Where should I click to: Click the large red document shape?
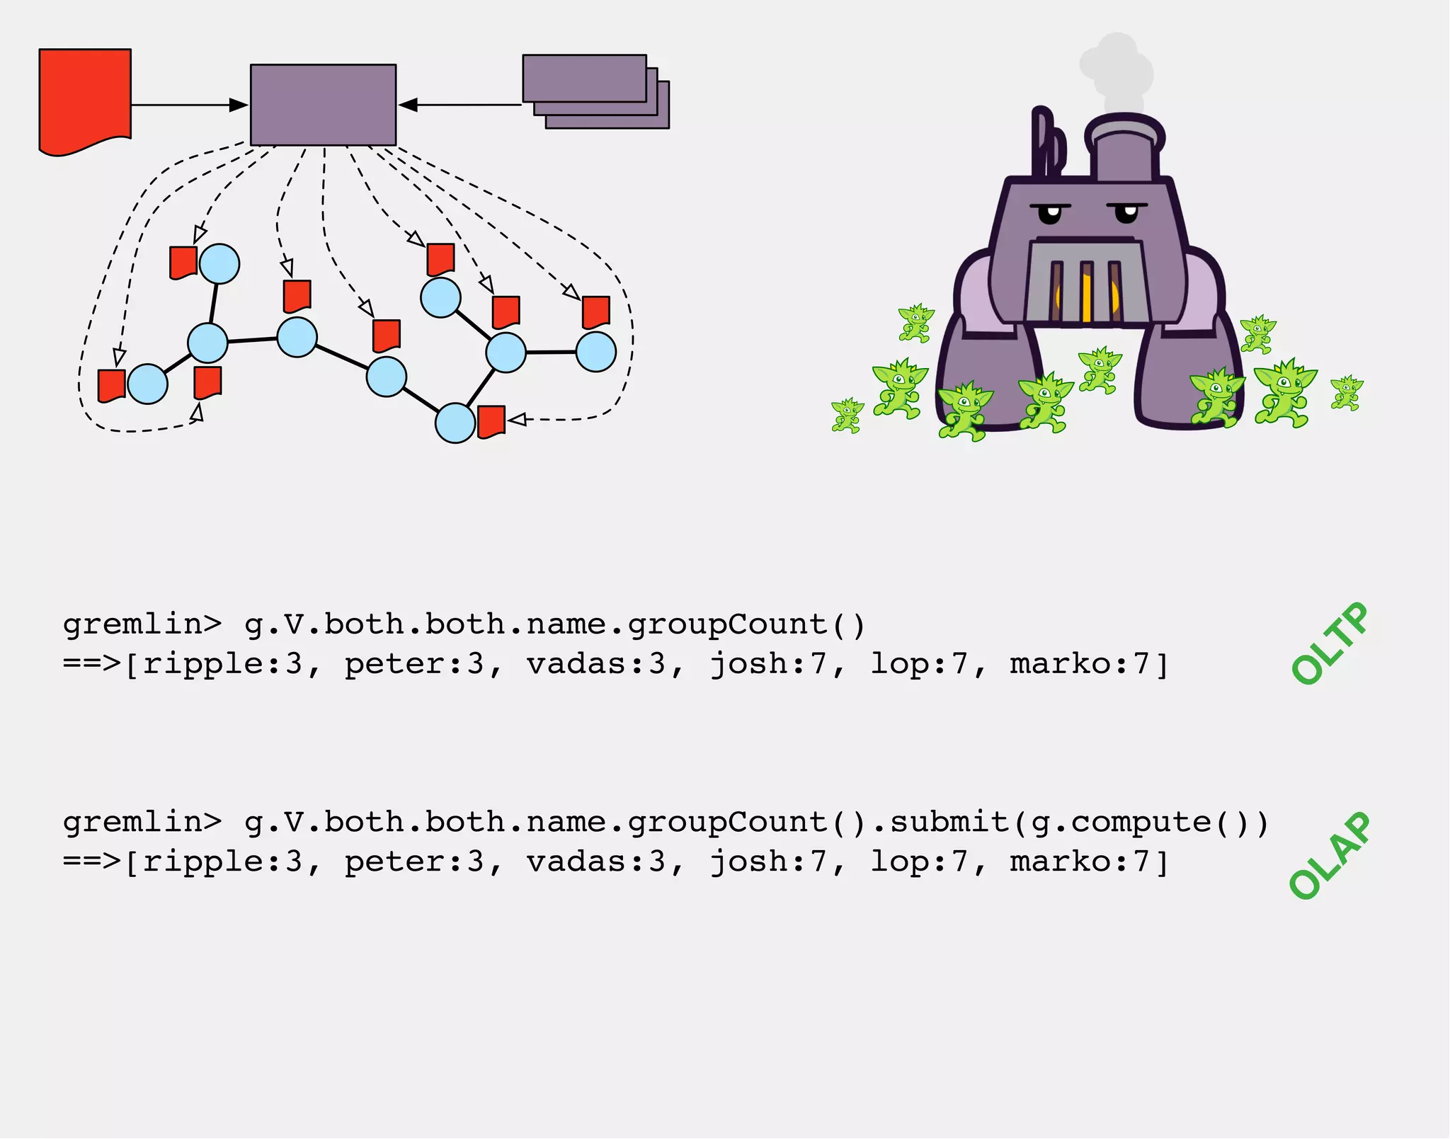point(85,99)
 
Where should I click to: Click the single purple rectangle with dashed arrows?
point(323,105)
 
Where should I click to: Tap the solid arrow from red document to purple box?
point(188,105)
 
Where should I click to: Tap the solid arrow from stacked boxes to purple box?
point(460,105)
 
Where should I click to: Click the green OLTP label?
point(1329,643)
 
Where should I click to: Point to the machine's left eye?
point(1050,212)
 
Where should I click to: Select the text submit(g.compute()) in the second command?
point(1078,823)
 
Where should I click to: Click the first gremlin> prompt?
point(142,625)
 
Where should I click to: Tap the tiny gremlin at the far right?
point(1346,393)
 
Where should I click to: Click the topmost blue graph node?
point(219,264)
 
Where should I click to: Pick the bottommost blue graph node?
point(455,423)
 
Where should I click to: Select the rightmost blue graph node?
point(595,352)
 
